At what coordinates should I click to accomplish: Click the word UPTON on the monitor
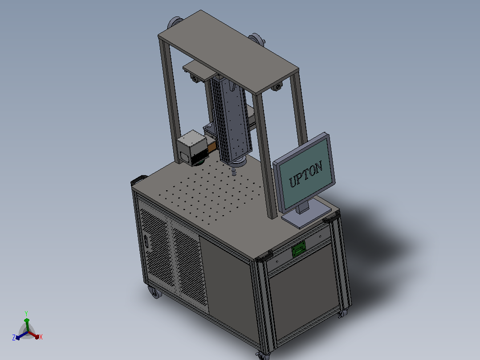[306, 174]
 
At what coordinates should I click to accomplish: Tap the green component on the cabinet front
[298, 249]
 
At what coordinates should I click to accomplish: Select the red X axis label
[41, 337]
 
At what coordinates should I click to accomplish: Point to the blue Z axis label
[14, 338]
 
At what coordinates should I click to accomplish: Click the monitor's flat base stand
[306, 216]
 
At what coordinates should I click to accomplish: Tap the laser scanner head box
[192, 147]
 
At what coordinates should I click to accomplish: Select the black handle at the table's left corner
[138, 180]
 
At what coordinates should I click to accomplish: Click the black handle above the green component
[265, 256]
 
